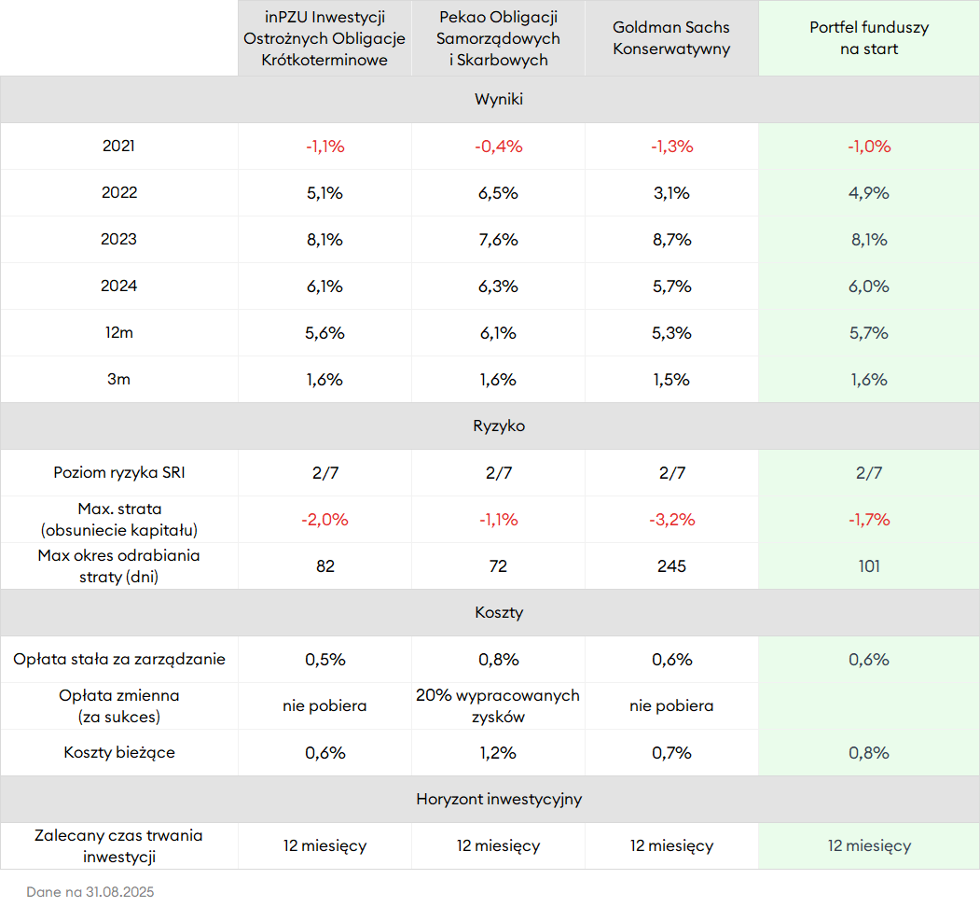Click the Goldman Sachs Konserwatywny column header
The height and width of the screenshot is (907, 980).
tap(671, 38)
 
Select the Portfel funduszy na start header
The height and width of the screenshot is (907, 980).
tap(869, 38)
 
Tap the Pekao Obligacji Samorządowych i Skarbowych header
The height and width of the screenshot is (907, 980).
tap(498, 38)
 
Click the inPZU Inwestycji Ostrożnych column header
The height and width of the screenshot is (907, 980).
tap(324, 38)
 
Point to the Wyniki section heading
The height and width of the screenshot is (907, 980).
tap(499, 100)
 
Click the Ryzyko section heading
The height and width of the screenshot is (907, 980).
tap(499, 426)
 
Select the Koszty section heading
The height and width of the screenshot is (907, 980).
tap(499, 613)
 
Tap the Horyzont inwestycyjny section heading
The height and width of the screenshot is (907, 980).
tap(499, 800)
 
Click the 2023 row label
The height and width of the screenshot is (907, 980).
tap(118, 240)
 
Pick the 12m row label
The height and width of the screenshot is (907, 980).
tap(118, 333)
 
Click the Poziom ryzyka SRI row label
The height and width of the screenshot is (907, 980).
tap(119, 473)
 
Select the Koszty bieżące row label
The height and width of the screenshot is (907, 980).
tap(119, 753)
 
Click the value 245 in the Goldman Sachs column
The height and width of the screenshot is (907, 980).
tap(671, 566)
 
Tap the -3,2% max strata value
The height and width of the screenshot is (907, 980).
tap(671, 520)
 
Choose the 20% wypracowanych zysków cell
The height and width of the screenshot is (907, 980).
tap(498, 706)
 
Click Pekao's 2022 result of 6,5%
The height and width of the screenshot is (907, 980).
tap(498, 193)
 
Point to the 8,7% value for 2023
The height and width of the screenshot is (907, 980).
tap(671, 240)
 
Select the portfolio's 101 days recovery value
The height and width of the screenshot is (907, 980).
tap(869, 566)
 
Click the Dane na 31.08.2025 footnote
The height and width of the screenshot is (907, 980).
tap(90, 892)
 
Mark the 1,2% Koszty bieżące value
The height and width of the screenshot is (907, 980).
tap(498, 753)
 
